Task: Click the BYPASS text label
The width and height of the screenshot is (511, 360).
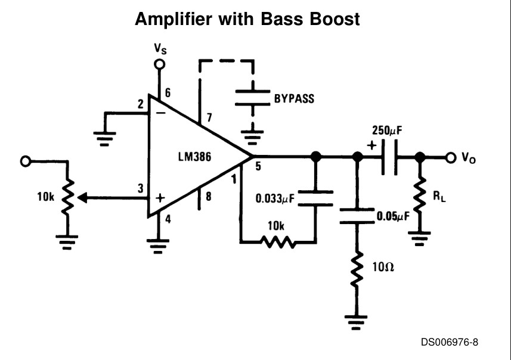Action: (x=294, y=98)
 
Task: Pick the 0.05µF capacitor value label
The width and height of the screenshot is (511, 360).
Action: (x=393, y=216)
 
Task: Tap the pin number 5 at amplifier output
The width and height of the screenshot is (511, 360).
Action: (x=258, y=166)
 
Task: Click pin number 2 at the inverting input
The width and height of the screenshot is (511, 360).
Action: (x=140, y=105)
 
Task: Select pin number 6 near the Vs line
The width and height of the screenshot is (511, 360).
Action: (x=168, y=93)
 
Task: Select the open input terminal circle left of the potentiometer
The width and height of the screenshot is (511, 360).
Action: (x=24, y=161)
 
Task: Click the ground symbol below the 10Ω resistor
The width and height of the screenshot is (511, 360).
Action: (x=357, y=323)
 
